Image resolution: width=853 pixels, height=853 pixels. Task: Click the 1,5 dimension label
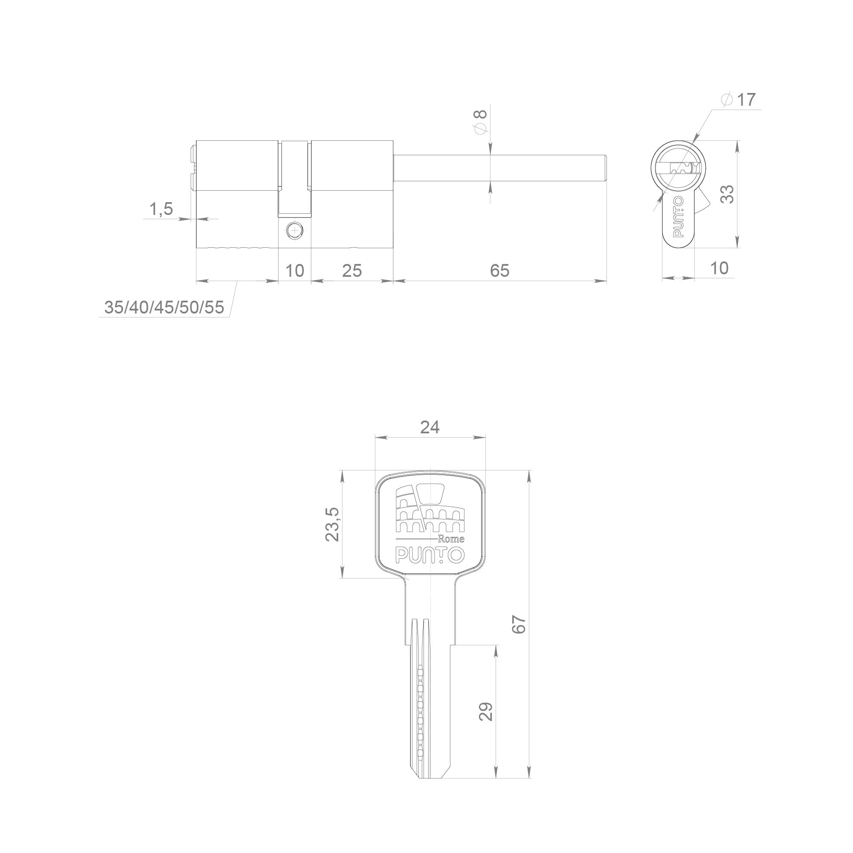click(x=161, y=209)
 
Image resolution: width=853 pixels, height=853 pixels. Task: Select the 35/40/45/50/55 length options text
click(x=164, y=307)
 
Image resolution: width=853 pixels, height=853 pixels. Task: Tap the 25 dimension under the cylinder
click(x=352, y=271)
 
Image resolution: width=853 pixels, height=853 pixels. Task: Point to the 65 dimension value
click(x=500, y=271)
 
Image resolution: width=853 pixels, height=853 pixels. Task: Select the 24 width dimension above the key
click(x=429, y=427)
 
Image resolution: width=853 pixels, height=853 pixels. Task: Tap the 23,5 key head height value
click(x=332, y=524)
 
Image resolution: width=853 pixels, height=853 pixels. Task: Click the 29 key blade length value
click(x=486, y=712)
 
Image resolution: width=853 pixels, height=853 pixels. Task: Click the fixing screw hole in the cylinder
click(x=294, y=230)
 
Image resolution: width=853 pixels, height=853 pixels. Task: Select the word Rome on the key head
click(x=451, y=539)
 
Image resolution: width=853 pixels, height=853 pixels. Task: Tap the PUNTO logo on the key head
click(x=430, y=555)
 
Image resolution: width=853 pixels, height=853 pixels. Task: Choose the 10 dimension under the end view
click(x=720, y=268)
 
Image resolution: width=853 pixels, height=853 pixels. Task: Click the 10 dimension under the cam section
click(x=294, y=271)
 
